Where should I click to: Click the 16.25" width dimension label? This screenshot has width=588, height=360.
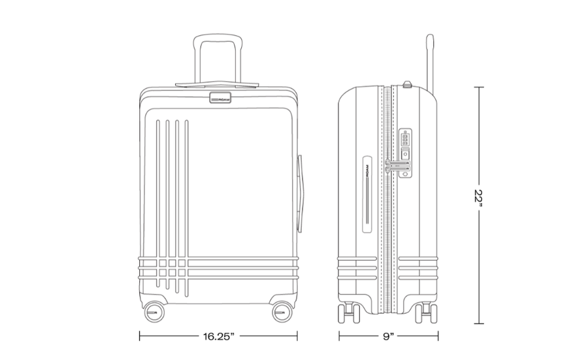tap(219, 336)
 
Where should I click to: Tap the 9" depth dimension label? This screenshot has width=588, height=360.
tap(389, 336)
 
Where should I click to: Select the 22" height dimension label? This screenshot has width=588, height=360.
tap(478, 200)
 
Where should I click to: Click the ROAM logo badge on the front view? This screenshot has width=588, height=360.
tap(220, 97)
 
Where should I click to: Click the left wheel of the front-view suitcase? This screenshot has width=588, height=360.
tap(154, 312)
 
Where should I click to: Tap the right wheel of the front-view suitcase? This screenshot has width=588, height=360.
tap(282, 312)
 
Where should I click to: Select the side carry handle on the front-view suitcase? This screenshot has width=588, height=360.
tap(300, 194)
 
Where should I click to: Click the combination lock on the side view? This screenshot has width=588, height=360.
tap(405, 153)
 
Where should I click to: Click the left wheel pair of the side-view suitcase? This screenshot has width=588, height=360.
tap(349, 313)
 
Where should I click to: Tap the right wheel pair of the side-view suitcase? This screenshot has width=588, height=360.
tap(426, 313)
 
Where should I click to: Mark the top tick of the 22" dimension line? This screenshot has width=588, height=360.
tap(478, 87)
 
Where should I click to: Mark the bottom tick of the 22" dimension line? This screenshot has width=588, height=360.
tap(478, 323)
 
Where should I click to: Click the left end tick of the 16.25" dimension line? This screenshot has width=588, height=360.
tap(140, 336)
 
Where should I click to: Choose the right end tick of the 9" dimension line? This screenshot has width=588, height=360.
tap(438, 336)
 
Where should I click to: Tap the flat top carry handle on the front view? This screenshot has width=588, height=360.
tap(217, 84)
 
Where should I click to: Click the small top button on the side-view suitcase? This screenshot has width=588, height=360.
tap(407, 84)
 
